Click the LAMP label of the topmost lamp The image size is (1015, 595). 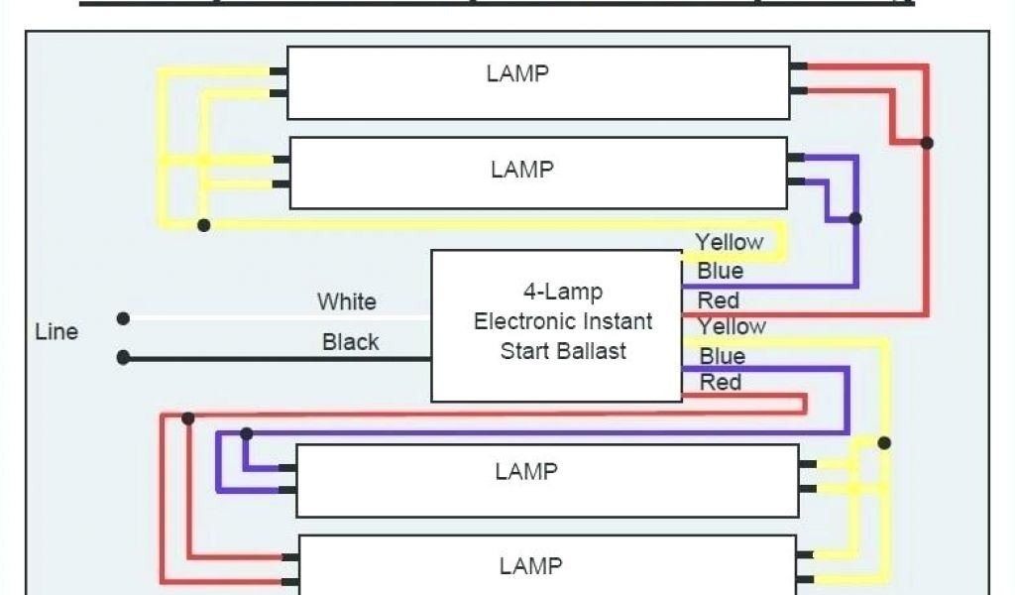click(517, 73)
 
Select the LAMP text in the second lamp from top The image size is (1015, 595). click(521, 170)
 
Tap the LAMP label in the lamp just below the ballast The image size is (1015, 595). click(526, 471)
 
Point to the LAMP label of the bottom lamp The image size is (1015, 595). click(530, 566)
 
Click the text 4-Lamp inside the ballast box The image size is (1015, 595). click(563, 293)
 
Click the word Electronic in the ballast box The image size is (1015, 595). click(522, 321)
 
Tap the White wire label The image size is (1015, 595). click(347, 301)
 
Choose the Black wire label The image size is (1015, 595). click(350, 342)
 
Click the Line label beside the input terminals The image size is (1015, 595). click(56, 331)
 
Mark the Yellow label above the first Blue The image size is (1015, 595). click(729, 242)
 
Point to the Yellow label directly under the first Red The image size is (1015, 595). click(732, 326)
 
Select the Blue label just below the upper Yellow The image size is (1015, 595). click(720, 271)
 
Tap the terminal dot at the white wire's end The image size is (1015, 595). click(123, 318)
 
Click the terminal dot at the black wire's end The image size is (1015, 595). click(123, 357)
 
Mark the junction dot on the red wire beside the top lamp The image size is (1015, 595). click(927, 143)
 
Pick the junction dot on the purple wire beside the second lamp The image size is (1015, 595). click(855, 218)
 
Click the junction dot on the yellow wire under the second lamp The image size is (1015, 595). click(203, 225)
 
